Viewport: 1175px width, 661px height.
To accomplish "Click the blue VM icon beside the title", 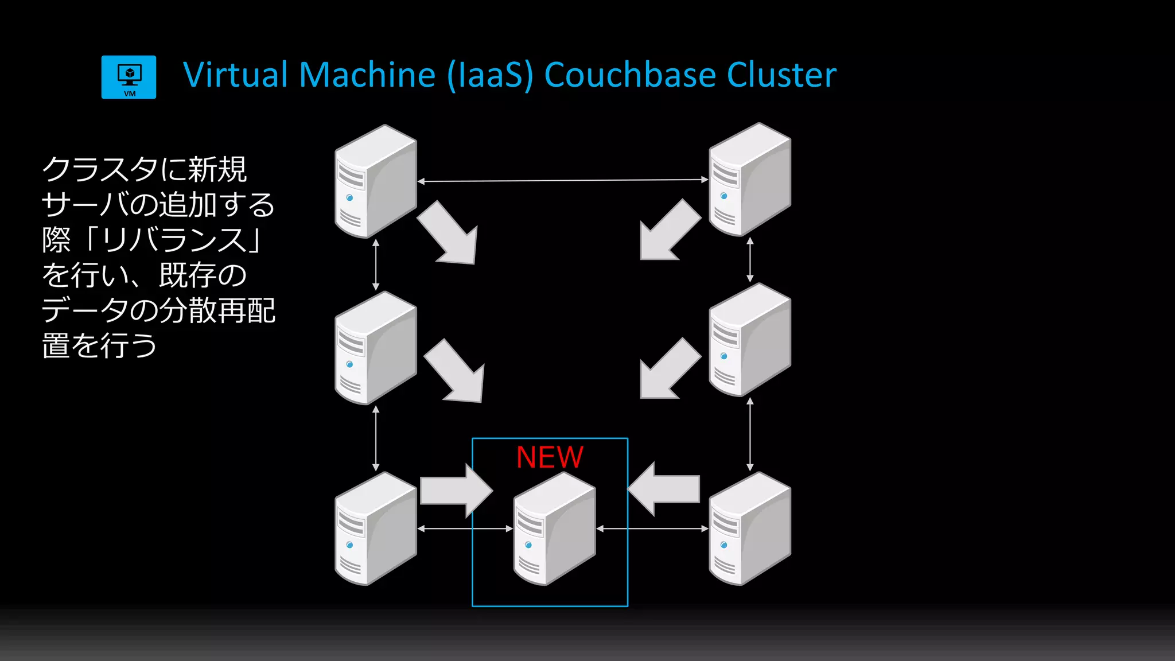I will click(x=129, y=77).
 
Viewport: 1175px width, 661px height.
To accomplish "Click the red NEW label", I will click(x=550, y=457).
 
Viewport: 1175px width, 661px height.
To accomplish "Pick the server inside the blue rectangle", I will click(x=554, y=529).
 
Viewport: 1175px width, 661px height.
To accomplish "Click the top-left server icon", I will click(x=375, y=181).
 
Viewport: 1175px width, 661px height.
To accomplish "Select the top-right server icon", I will click(x=749, y=180).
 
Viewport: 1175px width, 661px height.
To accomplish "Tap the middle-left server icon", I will click(x=375, y=348).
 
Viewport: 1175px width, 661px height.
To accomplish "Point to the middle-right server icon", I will click(x=749, y=340).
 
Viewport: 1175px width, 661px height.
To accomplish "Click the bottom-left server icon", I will click(x=375, y=529).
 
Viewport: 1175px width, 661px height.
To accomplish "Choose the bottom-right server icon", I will click(x=749, y=529).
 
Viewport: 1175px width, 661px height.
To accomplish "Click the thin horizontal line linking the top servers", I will click(x=562, y=181).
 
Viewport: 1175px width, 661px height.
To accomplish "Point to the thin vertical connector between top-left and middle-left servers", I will click(x=376, y=265).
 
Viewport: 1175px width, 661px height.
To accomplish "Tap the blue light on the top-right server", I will click(x=724, y=196).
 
